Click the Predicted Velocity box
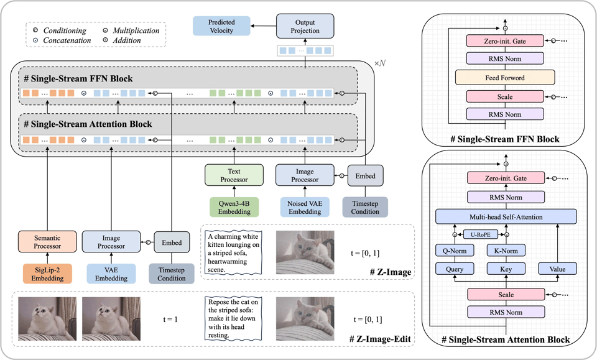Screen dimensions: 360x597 coord(221,26)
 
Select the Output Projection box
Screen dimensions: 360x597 coord(305,26)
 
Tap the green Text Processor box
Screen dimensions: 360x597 coord(234,175)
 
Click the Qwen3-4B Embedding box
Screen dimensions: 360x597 coord(234,207)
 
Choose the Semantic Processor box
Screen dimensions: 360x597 coord(47,242)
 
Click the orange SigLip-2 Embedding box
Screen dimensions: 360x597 coord(47,274)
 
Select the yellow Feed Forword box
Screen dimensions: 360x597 coord(504,78)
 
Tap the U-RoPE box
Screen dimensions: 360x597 coord(479,235)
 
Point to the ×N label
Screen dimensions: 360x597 coord(380,63)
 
